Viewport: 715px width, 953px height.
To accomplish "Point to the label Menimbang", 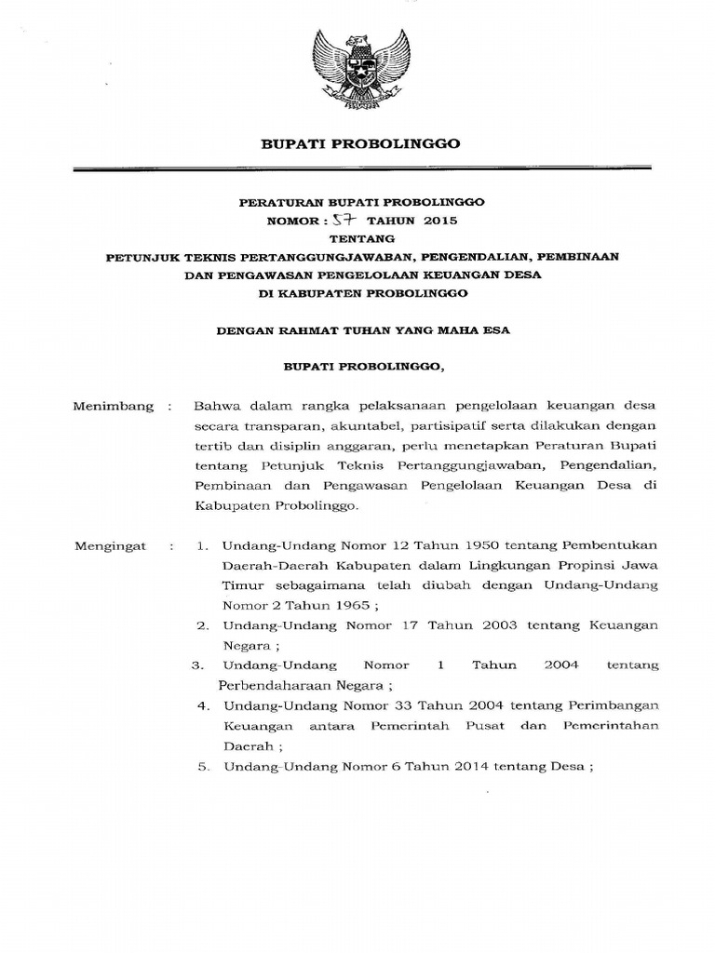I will pos(103,407).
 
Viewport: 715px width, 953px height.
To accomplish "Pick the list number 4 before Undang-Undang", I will pos(203,705).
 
